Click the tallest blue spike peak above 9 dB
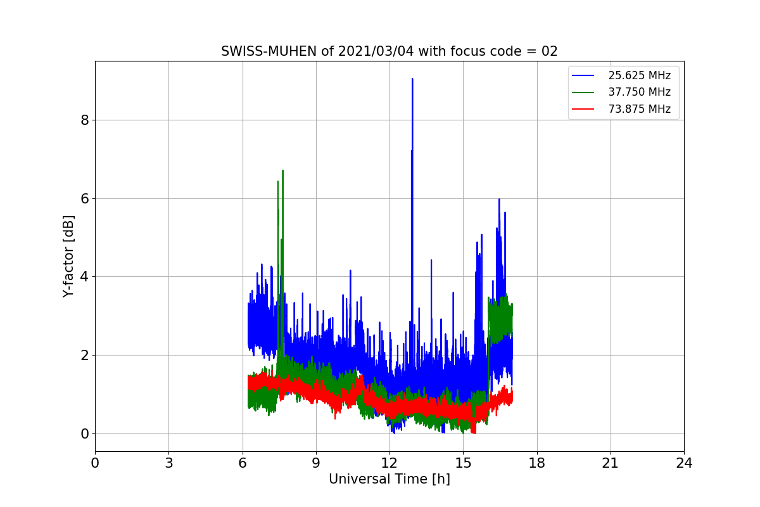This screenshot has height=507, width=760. pyautogui.click(x=412, y=79)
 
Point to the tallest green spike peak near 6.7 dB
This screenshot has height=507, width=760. pyautogui.click(x=282, y=170)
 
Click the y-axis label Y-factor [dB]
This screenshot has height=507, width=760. pyautogui.click(x=68, y=256)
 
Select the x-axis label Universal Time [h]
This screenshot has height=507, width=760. pyautogui.click(x=389, y=479)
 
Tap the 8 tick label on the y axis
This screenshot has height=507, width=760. pyautogui.click(x=84, y=120)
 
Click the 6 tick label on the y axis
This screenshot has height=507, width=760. pyautogui.click(x=84, y=198)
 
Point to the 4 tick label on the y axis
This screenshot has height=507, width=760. pyautogui.click(x=84, y=277)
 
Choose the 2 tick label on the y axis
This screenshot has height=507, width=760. pyautogui.click(x=84, y=355)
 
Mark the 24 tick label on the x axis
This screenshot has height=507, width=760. pyautogui.click(x=684, y=463)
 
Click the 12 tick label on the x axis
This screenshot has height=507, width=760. pyautogui.click(x=389, y=463)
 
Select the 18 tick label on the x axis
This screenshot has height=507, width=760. pyautogui.click(x=536, y=463)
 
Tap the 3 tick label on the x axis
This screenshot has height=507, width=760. pyautogui.click(x=168, y=463)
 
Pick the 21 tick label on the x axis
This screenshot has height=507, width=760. pyautogui.click(x=611, y=463)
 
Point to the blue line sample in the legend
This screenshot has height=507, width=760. pyautogui.click(x=583, y=75)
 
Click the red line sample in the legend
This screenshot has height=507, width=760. pyautogui.click(x=583, y=109)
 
